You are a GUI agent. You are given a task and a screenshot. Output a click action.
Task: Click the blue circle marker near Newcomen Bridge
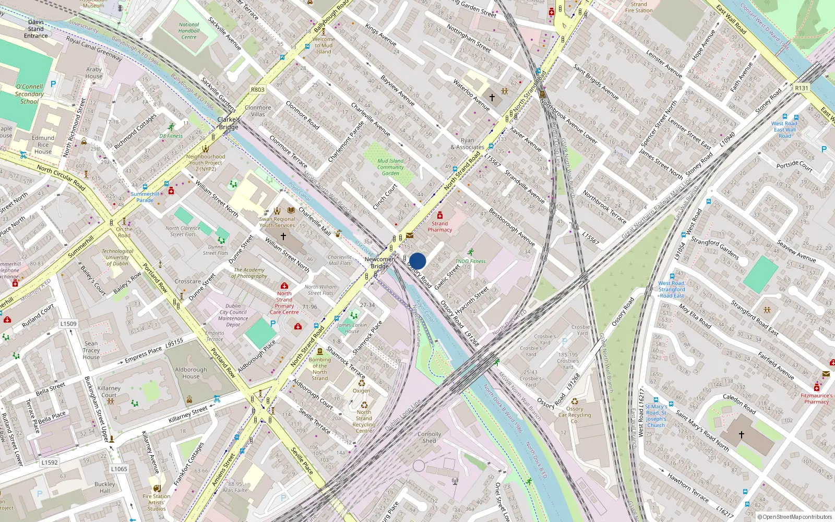[417, 261]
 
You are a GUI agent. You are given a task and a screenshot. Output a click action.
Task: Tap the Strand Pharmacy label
[440, 227]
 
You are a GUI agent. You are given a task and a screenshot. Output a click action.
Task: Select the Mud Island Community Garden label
[390, 167]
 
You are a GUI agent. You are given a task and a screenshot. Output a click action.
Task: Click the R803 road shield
[258, 90]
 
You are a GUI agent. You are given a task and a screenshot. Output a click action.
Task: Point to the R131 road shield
[801, 88]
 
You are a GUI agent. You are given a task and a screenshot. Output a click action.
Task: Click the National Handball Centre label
[189, 31]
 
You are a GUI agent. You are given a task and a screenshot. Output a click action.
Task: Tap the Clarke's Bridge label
[229, 123]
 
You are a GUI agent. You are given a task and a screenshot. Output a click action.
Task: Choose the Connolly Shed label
[429, 437]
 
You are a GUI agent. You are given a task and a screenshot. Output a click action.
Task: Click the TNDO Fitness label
[470, 261]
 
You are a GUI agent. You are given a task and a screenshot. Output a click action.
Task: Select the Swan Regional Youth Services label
[277, 222]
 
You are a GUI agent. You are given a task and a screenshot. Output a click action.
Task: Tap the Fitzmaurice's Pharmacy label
[816, 398]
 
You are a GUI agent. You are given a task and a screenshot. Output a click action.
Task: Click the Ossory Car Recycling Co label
[575, 415]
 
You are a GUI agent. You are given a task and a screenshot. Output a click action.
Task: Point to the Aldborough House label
[191, 373]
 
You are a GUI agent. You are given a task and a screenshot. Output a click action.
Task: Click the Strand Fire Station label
[639, 7]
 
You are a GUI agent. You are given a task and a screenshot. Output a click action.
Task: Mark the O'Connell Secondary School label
[29, 94]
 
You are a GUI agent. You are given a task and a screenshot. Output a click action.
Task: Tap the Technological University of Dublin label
[117, 257]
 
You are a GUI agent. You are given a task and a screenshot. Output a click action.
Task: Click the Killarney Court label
[109, 391]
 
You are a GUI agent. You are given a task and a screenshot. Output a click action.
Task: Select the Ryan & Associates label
[468, 144]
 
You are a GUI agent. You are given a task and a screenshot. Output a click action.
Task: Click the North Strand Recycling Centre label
[364, 421]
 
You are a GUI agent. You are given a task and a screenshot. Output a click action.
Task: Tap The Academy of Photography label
[249, 273]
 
